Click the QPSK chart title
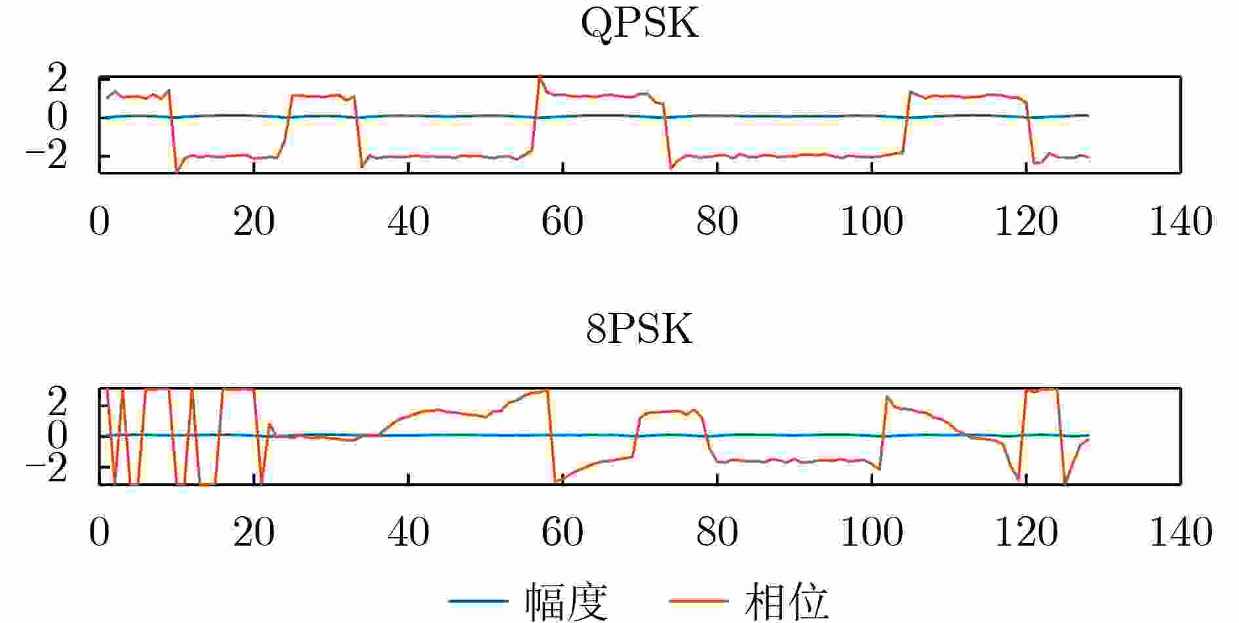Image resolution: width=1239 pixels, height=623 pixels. click(x=640, y=26)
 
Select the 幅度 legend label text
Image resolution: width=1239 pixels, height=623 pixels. click(x=566, y=601)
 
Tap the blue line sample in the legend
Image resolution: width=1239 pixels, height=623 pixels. click(x=478, y=601)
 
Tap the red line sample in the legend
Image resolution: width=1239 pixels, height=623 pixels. click(x=698, y=601)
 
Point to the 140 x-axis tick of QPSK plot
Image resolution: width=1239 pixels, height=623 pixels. click(x=1181, y=221)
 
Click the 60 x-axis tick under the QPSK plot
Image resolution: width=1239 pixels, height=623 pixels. click(x=562, y=221)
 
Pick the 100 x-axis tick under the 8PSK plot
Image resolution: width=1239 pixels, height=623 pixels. click(x=871, y=532)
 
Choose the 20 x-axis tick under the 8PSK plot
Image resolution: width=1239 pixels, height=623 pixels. click(x=254, y=532)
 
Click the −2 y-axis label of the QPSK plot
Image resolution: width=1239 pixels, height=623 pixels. click(x=47, y=157)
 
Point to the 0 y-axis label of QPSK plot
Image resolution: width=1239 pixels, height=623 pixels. click(x=58, y=117)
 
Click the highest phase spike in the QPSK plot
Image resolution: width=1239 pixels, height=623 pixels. click(x=540, y=77)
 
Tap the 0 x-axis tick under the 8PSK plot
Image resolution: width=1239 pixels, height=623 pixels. click(x=100, y=532)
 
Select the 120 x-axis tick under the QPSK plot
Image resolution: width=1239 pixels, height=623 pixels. click(x=1026, y=221)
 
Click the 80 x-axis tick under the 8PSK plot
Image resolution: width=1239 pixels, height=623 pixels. click(x=717, y=532)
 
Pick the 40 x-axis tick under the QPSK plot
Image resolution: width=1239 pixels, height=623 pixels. click(x=408, y=221)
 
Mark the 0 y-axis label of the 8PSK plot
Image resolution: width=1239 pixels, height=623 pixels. click(x=58, y=435)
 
